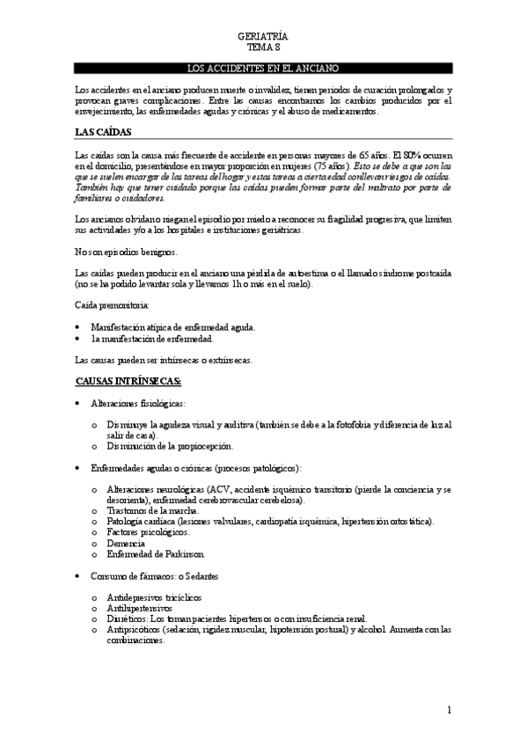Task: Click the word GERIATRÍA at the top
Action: (x=263, y=37)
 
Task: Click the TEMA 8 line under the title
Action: (x=263, y=48)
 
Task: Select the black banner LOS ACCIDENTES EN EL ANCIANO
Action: (x=263, y=69)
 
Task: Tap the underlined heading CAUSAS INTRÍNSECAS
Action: (x=128, y=381)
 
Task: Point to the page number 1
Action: (x=449, y=710)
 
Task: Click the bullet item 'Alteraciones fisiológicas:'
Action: (x=139, y=402)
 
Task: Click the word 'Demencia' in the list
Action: (x=125, y=543)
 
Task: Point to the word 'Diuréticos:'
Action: (x=127, y=618)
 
